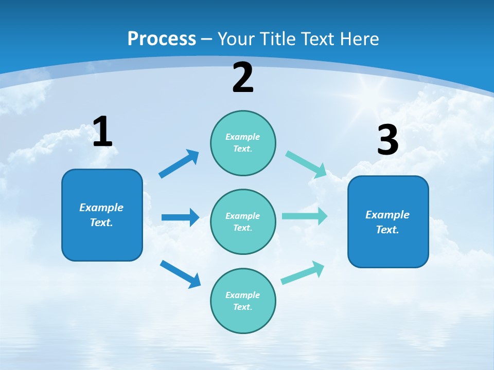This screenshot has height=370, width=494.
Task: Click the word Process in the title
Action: [x=162, y=39]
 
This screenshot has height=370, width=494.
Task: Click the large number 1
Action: [x=102, y=132]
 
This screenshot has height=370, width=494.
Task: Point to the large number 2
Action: [x=243, y=78]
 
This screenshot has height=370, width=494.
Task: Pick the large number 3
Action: [x=387, y=140]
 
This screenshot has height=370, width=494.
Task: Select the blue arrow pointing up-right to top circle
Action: [x=179, y=163]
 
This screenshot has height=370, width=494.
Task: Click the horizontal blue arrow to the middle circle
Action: [x=180, y=217]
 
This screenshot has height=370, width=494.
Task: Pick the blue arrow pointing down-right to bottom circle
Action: [x=181, y=274]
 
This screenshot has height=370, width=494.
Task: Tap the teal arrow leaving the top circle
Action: [x=306, y=164]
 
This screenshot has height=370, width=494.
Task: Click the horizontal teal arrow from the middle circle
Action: [x=305, y=216]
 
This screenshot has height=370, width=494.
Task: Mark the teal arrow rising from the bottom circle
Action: [x=303, y=272]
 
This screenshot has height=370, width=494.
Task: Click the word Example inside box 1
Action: [x=101, y=208]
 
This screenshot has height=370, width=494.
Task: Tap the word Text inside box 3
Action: [x=387, y=230]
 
